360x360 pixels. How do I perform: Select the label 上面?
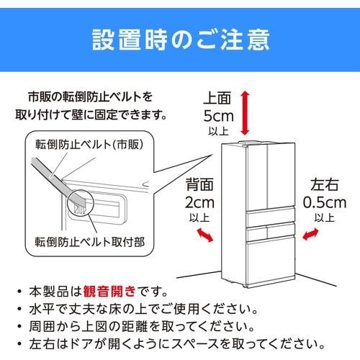[x=217, y=96]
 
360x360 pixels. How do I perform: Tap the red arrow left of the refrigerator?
[x=205, y=234]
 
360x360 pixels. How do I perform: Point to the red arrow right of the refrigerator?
[x=312, y=235]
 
